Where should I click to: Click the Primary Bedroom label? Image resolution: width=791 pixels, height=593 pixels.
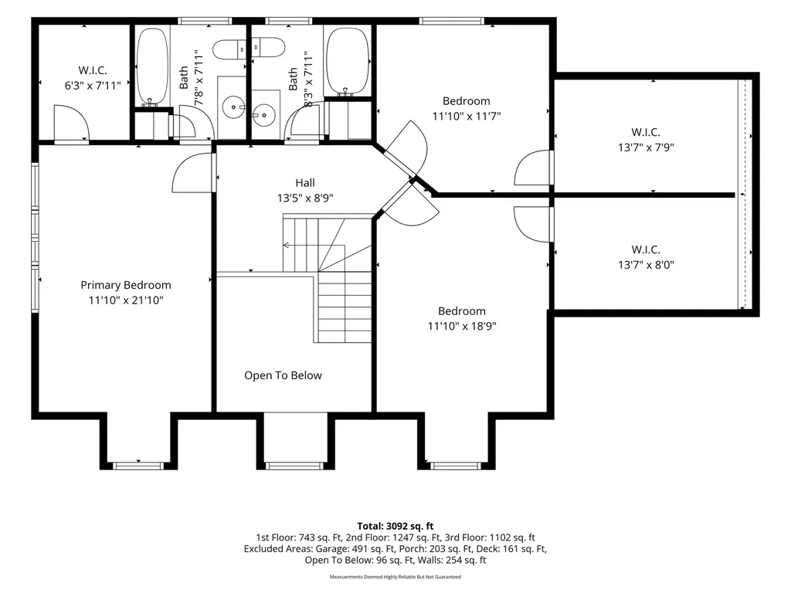[126, 285]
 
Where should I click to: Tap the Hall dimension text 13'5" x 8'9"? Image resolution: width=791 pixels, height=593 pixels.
[304, 198]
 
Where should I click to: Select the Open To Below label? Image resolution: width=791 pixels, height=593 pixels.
[283, 375]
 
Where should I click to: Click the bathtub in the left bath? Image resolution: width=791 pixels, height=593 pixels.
[152, 66]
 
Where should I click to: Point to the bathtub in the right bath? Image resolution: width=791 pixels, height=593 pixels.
[348, 62]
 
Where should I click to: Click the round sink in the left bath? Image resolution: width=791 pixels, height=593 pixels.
[233, 107]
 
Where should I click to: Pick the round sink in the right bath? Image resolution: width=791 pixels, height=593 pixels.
[263, 115]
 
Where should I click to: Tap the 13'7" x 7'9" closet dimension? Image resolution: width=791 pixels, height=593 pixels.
[646, 147]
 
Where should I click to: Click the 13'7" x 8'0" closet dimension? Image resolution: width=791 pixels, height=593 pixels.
[646, 264]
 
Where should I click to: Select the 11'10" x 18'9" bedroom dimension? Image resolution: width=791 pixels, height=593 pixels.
[462, 326]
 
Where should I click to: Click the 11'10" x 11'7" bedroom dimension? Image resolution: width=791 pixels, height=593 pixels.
[466, 116]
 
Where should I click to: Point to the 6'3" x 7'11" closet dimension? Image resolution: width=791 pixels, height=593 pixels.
[93, 85]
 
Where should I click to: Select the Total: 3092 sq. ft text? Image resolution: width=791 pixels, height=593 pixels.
[395, 526]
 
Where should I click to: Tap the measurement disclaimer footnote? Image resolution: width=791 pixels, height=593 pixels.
[395, 577]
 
